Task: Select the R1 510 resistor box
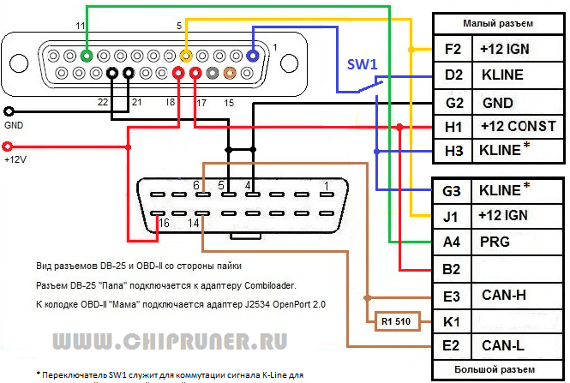[394, 323]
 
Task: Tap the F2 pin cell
[453, 50]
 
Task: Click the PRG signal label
[496, 242]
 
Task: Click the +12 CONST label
[519, 129]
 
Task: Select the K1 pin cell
[451, 323]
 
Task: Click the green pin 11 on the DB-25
[87, 56]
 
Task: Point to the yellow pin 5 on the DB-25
[185, 56]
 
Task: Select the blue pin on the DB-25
[253, 56]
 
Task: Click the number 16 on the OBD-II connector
[165, 224]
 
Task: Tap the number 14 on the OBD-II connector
[195, 224]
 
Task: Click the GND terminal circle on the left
[9, 111]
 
